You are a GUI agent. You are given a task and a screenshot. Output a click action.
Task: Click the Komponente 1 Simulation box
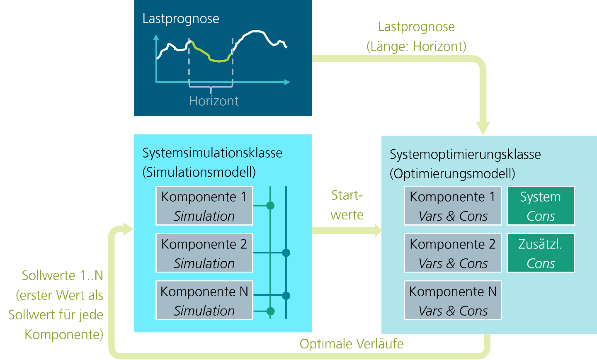tap(204, 206)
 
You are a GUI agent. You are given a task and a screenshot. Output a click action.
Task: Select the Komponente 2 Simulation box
tap(204, 253)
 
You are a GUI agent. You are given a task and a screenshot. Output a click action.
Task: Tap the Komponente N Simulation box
tap(204, 300)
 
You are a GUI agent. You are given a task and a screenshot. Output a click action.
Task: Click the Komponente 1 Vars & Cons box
tap(453, 206)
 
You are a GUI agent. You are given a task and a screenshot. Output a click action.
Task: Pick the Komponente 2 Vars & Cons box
tap(453, 253)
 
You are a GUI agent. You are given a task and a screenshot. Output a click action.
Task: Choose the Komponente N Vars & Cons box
tap(453, 300)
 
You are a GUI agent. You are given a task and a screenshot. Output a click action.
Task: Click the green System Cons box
tap(541, 206)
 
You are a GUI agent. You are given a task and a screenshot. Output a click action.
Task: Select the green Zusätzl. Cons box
tap(541, 253)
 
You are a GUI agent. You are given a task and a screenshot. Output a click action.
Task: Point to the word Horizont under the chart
tap(214, 101)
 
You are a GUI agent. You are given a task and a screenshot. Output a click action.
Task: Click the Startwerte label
tap(347, 205)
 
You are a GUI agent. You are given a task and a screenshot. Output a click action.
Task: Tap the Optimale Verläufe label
tap(352, 344)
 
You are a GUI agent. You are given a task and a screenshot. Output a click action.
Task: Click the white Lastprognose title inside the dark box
tap(181, 19)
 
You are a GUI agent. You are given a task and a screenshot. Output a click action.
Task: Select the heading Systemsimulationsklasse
tap(212, 153)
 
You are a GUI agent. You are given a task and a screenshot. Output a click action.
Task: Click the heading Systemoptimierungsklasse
tap(465, 154)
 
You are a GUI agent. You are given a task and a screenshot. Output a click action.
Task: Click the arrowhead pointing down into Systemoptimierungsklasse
tap(483, 128)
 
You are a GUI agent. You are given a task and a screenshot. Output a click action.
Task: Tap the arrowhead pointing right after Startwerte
tap(377, 230)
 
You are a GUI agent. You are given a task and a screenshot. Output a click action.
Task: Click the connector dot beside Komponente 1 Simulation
tap(270, 205)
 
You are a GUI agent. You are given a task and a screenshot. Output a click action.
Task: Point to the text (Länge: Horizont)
tap(416, 46)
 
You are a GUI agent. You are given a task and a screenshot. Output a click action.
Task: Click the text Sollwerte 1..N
tap(62, 276)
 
